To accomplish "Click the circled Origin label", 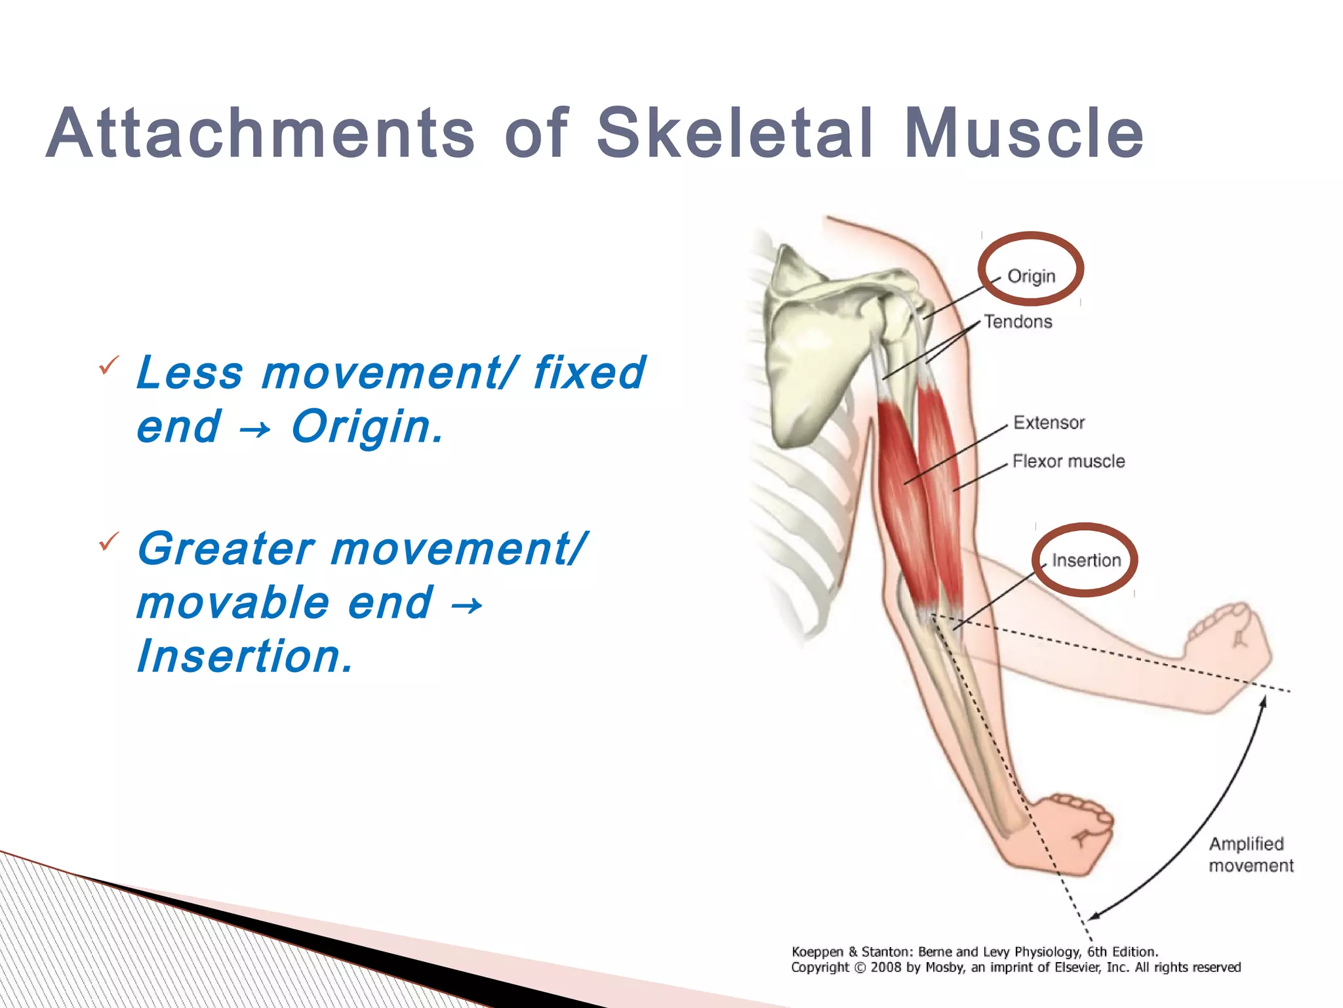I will point(1031,276).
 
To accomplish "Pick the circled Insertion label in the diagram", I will point(1086,560).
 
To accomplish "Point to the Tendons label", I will point(1018,322).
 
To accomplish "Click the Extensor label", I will point(1049,423).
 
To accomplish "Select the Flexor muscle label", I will point(1068,461).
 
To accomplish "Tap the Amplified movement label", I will point(1250,854).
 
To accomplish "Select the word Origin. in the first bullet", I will point(367,427).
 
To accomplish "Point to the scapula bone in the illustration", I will point(813,354).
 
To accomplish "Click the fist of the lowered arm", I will point(1075,830).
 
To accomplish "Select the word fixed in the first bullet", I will point(589,373).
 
